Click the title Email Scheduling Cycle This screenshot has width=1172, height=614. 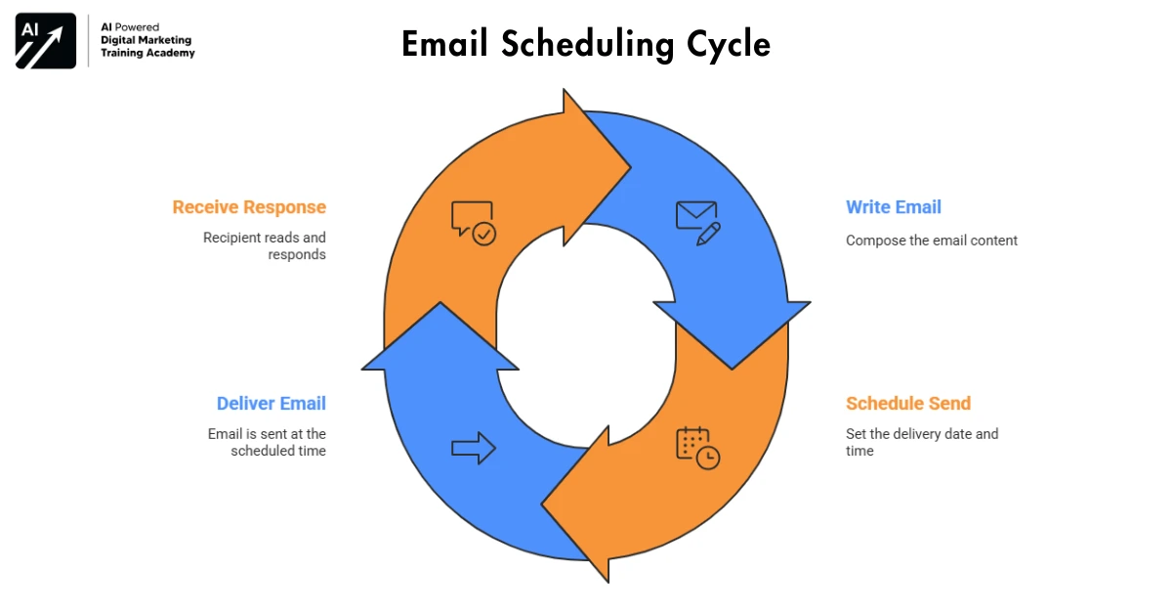tap(586, 44)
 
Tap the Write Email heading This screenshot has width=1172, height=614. tap(894, 207)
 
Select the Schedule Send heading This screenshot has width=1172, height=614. tap(908, 404)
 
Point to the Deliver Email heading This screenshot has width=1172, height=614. tap(272, 404)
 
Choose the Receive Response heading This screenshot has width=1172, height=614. tap(249, 207)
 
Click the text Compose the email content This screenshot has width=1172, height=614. tap(932, 241)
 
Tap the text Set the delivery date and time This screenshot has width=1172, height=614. tap(922, 442)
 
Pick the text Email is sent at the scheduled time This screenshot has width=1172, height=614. tap(268, 442)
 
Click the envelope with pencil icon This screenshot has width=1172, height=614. tap(697, 222)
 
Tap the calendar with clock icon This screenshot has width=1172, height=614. tap(697, 447)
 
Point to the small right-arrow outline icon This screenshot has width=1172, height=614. tap(474, 448)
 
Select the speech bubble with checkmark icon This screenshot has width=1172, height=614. tap(474, 222)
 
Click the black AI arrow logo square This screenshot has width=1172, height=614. tap(46, 42)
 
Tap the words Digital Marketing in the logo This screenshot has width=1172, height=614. tap(146, 40)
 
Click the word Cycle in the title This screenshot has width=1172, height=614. tap(724, 44)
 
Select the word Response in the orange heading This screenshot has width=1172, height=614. tap(286, 207)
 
